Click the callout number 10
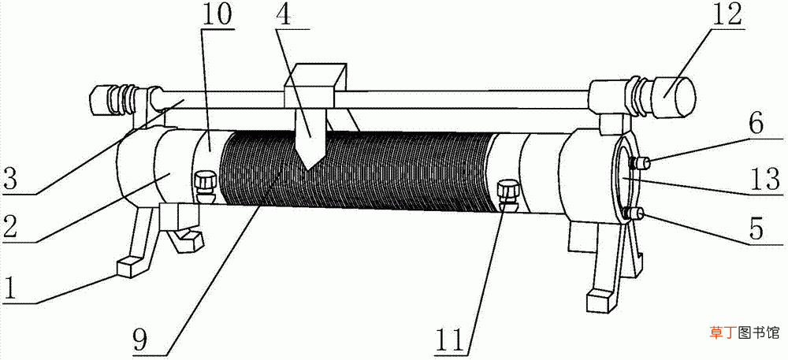tap(217, 16)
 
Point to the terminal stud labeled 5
tap(634, 215)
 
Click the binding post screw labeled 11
tap(506, 197)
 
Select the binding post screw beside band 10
tap(204, 186)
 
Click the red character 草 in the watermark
tap(716, 332)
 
